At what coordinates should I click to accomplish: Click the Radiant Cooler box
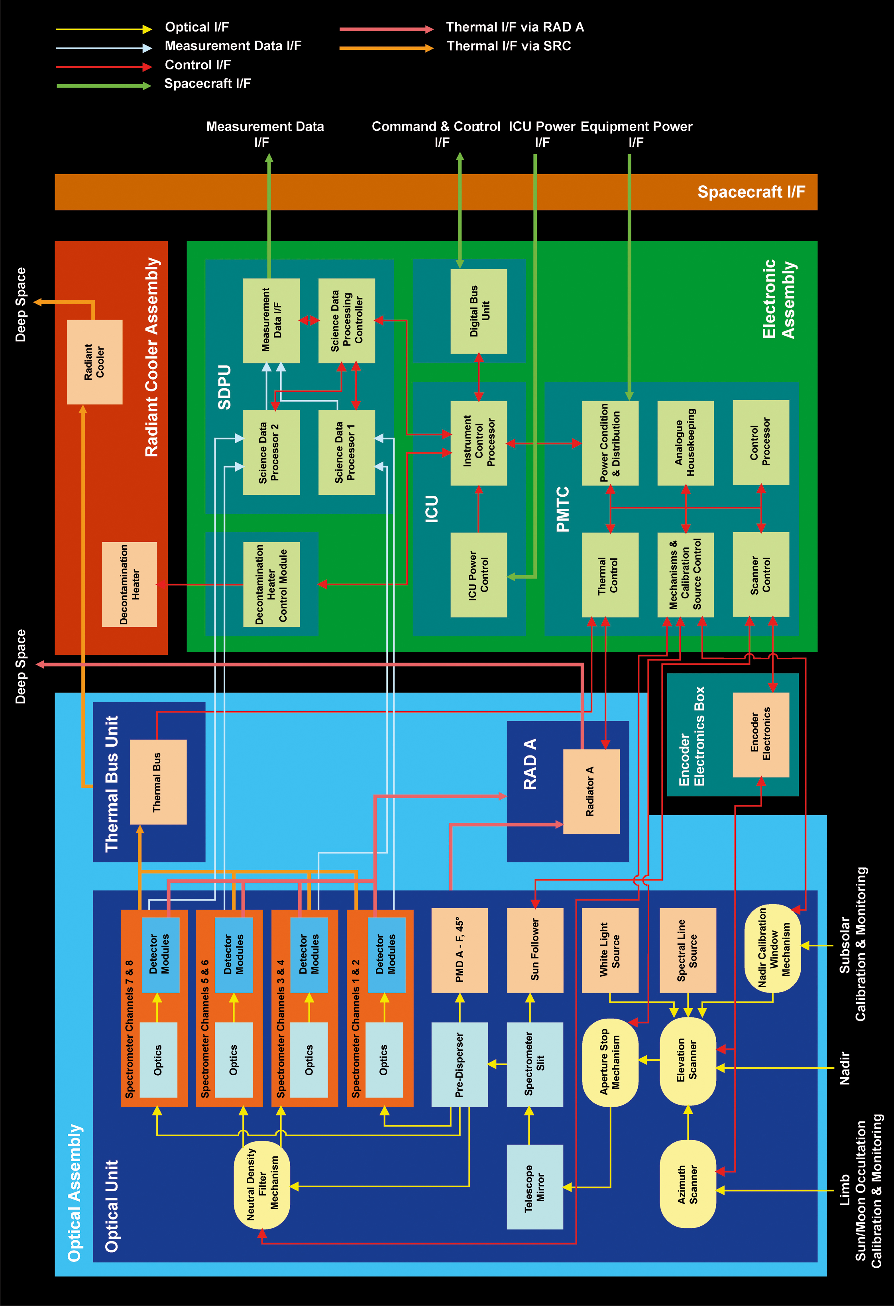click(94, 362)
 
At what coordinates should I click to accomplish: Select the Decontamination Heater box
click(129, 584)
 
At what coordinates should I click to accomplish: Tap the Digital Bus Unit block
click(479, 311)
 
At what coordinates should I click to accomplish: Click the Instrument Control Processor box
click(479, 443)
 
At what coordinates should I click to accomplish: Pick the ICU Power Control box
click(479, 575)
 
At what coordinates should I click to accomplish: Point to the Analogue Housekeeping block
click(686, 443)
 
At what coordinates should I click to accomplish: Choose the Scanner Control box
click(761, 575)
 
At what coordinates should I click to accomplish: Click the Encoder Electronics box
click(761, 735)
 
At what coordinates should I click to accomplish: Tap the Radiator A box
click(591, 791)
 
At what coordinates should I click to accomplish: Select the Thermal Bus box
click(158, 782)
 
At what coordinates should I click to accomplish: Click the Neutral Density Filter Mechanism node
click(262, 1185)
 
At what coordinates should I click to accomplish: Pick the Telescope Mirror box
click(535, 1187)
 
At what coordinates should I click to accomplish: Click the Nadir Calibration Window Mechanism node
click(772, 948)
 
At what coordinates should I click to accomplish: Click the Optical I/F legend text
click(196, 27)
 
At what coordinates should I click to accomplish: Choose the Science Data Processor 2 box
click(271, 452)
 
